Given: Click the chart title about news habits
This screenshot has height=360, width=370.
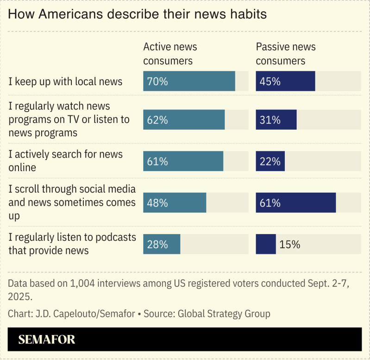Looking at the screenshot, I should (x=137, y=14).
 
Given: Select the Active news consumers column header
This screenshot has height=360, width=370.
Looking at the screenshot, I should (x=170, y=54).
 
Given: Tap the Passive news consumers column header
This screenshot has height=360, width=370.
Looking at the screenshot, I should (x=286, y=54).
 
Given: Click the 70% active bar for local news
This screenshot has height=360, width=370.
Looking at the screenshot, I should (x=189, y=82).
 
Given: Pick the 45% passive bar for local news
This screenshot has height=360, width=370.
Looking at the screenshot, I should (x=285, y=82).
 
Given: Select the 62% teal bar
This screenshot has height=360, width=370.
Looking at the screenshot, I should (x=184, y=120).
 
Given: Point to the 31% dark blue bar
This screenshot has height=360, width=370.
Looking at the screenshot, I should (x=276, y=120).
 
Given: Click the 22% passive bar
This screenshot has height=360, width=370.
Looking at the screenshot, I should (x=270, y=162).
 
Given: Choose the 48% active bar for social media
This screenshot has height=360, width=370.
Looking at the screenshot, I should (x=175, y=202).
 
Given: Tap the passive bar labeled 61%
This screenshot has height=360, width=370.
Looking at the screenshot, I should (x=295, y=202).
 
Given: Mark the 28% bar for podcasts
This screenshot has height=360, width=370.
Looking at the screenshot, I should (x=162, y=244).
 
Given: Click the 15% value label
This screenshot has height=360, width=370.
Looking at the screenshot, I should (x=289, y=245).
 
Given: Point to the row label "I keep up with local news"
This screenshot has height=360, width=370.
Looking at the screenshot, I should (x=65, y=82).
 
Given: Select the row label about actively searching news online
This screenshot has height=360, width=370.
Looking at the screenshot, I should (x=65, y=161).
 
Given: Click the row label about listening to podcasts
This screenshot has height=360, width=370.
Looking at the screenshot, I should (x=72, y=244).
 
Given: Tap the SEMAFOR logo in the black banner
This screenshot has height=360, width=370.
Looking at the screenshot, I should (x=47, y=340).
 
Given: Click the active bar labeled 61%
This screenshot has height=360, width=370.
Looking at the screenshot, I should (x=183, y=162).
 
